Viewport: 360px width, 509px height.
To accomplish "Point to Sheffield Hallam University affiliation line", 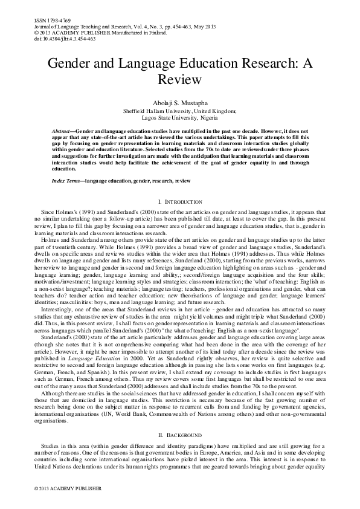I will pos(180,111).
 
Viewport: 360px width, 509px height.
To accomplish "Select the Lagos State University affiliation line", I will pos(180,118).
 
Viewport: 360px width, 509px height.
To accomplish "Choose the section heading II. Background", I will pos(180,401).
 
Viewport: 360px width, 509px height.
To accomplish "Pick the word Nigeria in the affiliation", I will pos(211,118).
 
